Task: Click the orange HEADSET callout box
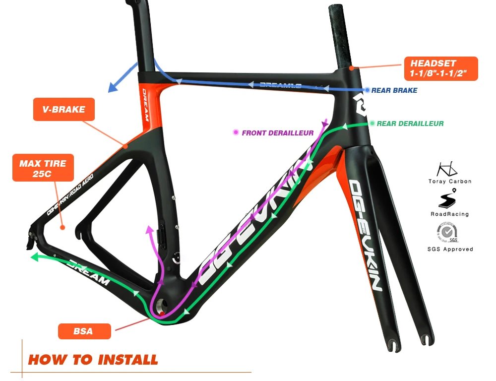pyautogui.click(x=440, y=69)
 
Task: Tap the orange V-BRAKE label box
pyautogui.click(x=63, y=110)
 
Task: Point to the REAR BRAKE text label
pyautogui.click(x=394, y=90)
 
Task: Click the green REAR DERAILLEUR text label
pyautogui.click(x=410, y=124)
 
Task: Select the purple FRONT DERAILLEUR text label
pyautogui.click(x=278, y=133)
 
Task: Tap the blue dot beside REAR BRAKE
pyautogui.click(x=367, y=90)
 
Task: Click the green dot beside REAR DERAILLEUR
pyautogui.click(x=372, y=123)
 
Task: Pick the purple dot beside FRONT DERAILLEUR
pyautogui.click(x=236, y=132)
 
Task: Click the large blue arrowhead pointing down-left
pyautogui.click(x=114, y=88)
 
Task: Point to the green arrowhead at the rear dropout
pyautogui.click(x=34, y=257)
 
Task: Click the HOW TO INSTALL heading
pyautogui.click(x=93, y=360)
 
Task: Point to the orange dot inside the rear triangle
pyautogui.click(x=62, y=228)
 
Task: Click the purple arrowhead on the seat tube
pyautogui.click(x=148, y=229)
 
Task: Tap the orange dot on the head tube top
pyautogui.click(x=351, y=67)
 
